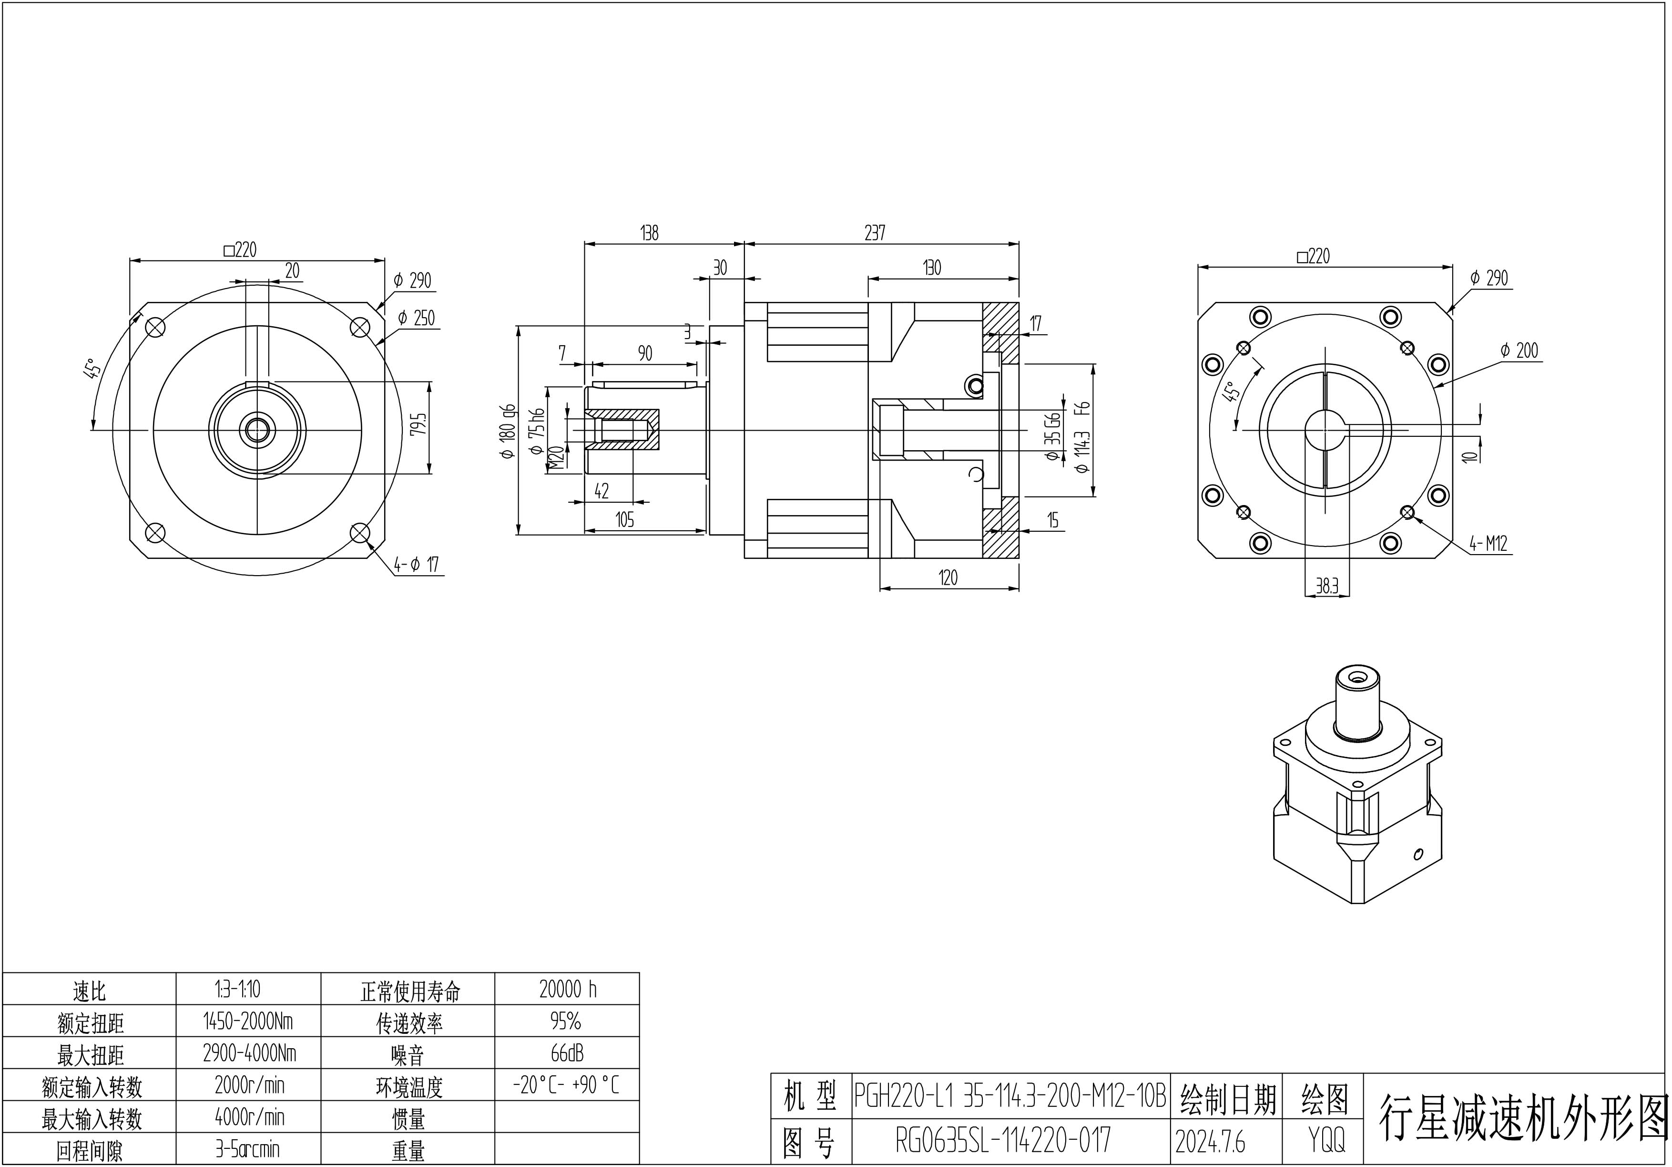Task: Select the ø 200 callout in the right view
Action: [x=1519, y=351]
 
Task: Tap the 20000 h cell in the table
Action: [x=567, y=989]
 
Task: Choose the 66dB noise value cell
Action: [x=567, y=1053]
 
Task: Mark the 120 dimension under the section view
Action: [x=948, y=578]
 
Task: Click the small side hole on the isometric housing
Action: [x=1417, y=854]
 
